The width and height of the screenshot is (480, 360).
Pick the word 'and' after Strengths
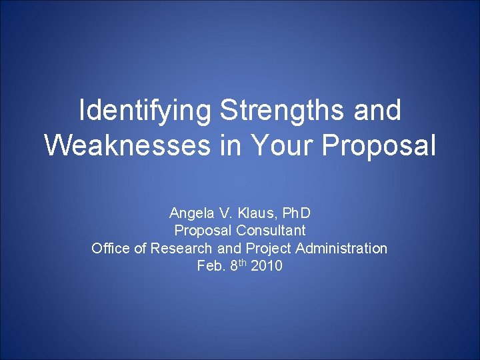pyautogui.click(x=378, y=111)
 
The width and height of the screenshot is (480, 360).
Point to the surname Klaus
pyautogui.click(x=257, y=213)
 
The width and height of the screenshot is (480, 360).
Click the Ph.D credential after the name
pyautogui.click(x=297, y=213)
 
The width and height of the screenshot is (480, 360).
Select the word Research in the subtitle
pyautogui.click(x=181, y=249)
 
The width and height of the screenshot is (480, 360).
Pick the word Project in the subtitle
pyautogui.click(x=269, y=249)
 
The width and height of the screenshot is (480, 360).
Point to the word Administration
pyautogui.click(x=341, y=249)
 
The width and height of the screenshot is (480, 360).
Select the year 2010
pyautogui.click(x=267, y=266)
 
